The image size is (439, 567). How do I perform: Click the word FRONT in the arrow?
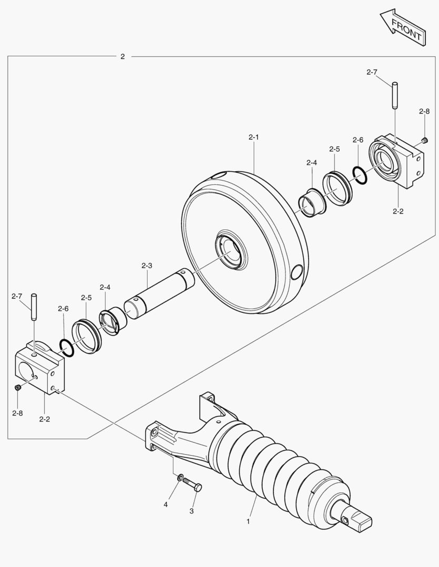(406, 29)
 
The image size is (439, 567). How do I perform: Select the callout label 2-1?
(254, 138)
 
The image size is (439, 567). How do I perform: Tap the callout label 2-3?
(147, 266)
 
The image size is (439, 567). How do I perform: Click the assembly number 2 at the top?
(122, 56)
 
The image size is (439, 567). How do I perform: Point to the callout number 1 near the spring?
(248, 522)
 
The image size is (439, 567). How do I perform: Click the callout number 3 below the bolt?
(191, 510)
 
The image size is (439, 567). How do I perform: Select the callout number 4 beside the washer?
(166, 505)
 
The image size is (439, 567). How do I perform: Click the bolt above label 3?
(192, 486)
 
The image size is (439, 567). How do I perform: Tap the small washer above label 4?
(180, 478)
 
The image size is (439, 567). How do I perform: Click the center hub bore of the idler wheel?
(230, 251)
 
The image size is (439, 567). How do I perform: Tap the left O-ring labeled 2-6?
(67, 348)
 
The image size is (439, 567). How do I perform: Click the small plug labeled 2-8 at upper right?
(423, 139)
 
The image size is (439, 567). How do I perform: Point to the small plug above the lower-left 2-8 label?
(17, 387)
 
